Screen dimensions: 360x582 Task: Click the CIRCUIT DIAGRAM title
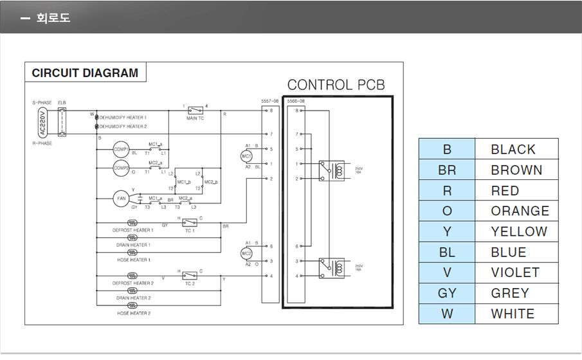85,73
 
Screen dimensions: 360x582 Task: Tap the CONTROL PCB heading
336,85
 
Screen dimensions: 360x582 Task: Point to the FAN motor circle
121,199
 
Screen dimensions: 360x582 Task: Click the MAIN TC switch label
196,118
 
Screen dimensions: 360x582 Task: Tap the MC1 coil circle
246,156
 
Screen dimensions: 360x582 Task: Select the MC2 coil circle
246,253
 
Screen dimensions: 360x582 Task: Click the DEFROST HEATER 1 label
132,230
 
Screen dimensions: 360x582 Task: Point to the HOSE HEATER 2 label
134,313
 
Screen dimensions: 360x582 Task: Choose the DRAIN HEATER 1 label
133,245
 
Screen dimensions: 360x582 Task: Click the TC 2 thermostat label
190,283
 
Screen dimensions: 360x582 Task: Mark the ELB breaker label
62,102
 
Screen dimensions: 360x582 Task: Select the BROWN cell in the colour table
516,170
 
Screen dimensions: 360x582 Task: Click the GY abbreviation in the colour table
447,293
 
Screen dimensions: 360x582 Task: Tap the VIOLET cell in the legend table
515,273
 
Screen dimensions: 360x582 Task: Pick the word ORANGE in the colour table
520,212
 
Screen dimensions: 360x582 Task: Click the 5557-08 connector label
269,101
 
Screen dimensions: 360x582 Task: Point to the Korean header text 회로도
53,17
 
